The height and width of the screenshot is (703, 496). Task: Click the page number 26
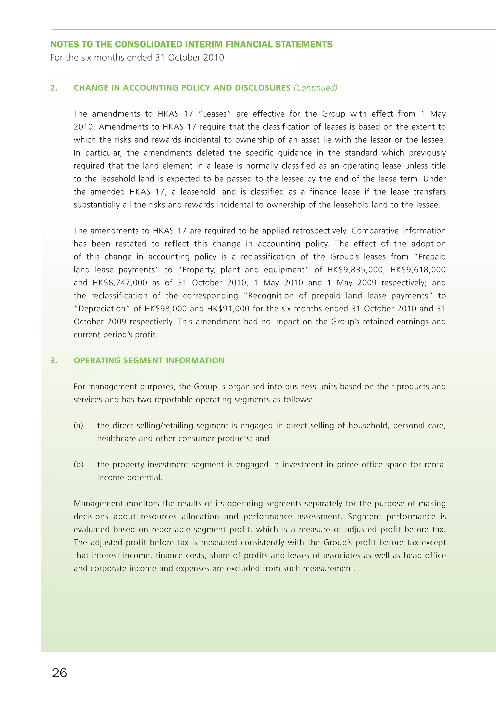click(60, 673)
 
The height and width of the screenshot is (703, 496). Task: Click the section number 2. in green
click(54, 88)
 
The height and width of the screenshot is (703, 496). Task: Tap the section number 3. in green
click(54, 361)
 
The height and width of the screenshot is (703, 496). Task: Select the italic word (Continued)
click(315, 88)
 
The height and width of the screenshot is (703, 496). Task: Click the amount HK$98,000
click(165, 309)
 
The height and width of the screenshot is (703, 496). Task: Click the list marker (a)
click(78, 426)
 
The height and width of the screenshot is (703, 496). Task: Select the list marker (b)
click(78, 464)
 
